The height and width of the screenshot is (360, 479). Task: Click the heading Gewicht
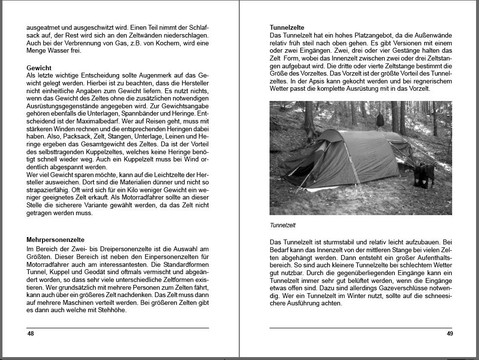(x=39, y=68)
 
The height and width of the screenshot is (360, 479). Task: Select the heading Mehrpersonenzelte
(x=56, y=240)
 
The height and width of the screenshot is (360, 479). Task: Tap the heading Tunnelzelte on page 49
(x=287, y=28)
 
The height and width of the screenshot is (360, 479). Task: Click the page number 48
(x=30, y=334)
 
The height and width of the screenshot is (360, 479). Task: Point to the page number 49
(x=450, y=334)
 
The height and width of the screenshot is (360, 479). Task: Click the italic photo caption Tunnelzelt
(x=283, y=225)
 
